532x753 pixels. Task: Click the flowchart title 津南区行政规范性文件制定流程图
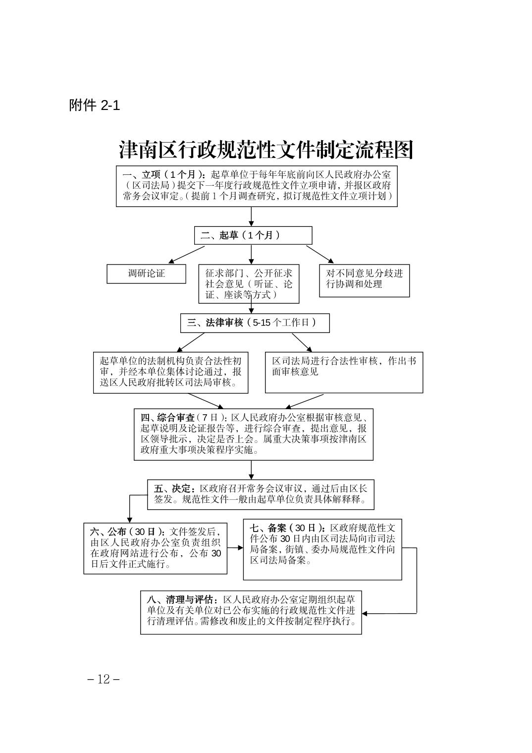(266, 150)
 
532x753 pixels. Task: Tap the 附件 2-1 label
(94, 105)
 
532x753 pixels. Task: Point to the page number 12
(104, 679)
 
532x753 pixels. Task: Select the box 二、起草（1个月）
(253, 235)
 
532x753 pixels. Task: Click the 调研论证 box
(146, 273)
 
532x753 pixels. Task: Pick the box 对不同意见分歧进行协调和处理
(364, 280)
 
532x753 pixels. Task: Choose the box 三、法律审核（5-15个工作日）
(255, 323)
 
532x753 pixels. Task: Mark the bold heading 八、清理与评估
(182, 599)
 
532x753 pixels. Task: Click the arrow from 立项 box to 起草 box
(251, 216)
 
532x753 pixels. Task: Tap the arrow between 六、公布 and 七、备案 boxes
(235, 548)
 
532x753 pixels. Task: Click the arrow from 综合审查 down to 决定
(251, 470)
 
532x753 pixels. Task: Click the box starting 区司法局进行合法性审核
(344, 373)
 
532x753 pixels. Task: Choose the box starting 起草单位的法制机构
(170, 373)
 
